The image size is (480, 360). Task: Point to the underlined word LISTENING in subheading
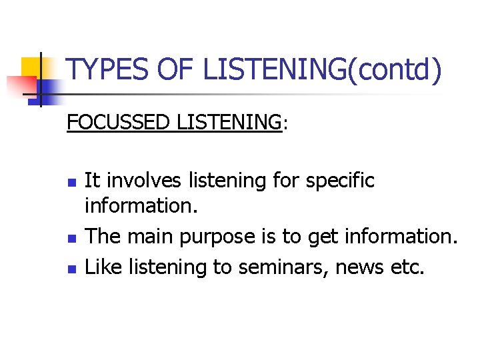pos(229,122)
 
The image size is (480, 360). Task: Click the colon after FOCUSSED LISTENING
pos(285,125)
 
